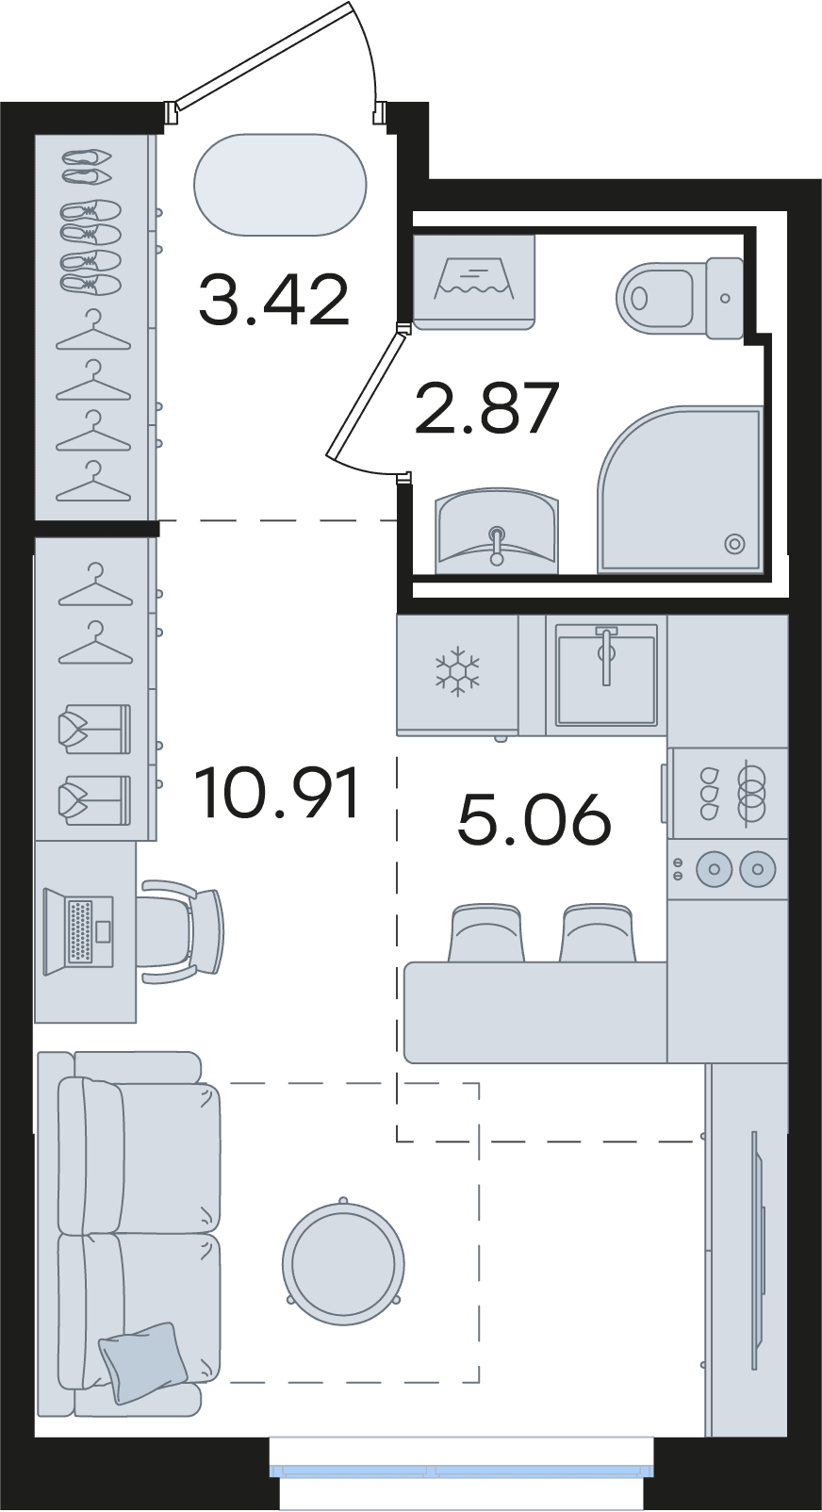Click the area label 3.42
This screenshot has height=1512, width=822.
click(274, 300)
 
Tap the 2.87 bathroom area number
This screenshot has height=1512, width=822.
click(487, 408)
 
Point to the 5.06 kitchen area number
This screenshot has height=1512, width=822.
click(534, 818)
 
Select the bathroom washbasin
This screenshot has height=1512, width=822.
click(497, 530)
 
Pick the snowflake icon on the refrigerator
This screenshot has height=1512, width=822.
click(457, 671)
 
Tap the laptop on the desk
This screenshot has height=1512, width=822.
click(78, 931)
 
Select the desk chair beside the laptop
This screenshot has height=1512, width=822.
click(181, 931)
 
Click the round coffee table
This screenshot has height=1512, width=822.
click(343, 1265)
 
